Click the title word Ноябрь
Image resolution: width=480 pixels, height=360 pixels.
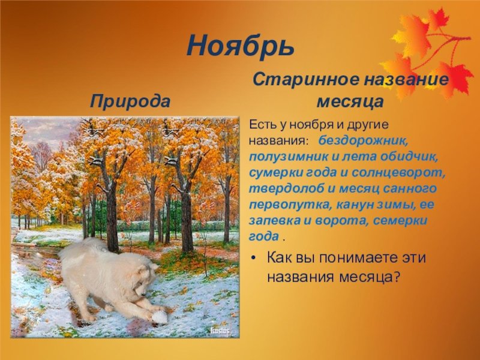[x=241, y=46]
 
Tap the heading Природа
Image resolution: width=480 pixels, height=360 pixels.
[x=130, y=101]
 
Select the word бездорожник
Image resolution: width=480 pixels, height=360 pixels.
[x=364, y=141]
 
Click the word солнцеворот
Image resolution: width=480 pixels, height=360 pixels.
[x=398, y=173]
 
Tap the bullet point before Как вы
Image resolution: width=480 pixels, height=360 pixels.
[x=253, y=259]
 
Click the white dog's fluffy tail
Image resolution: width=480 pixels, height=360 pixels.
[x=81, y=248]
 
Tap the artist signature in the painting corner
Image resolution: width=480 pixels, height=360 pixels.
[x=220, y=331]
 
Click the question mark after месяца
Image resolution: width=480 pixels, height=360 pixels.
[x=397, y=277]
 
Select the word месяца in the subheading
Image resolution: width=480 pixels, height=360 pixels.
[x=350, y=102]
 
